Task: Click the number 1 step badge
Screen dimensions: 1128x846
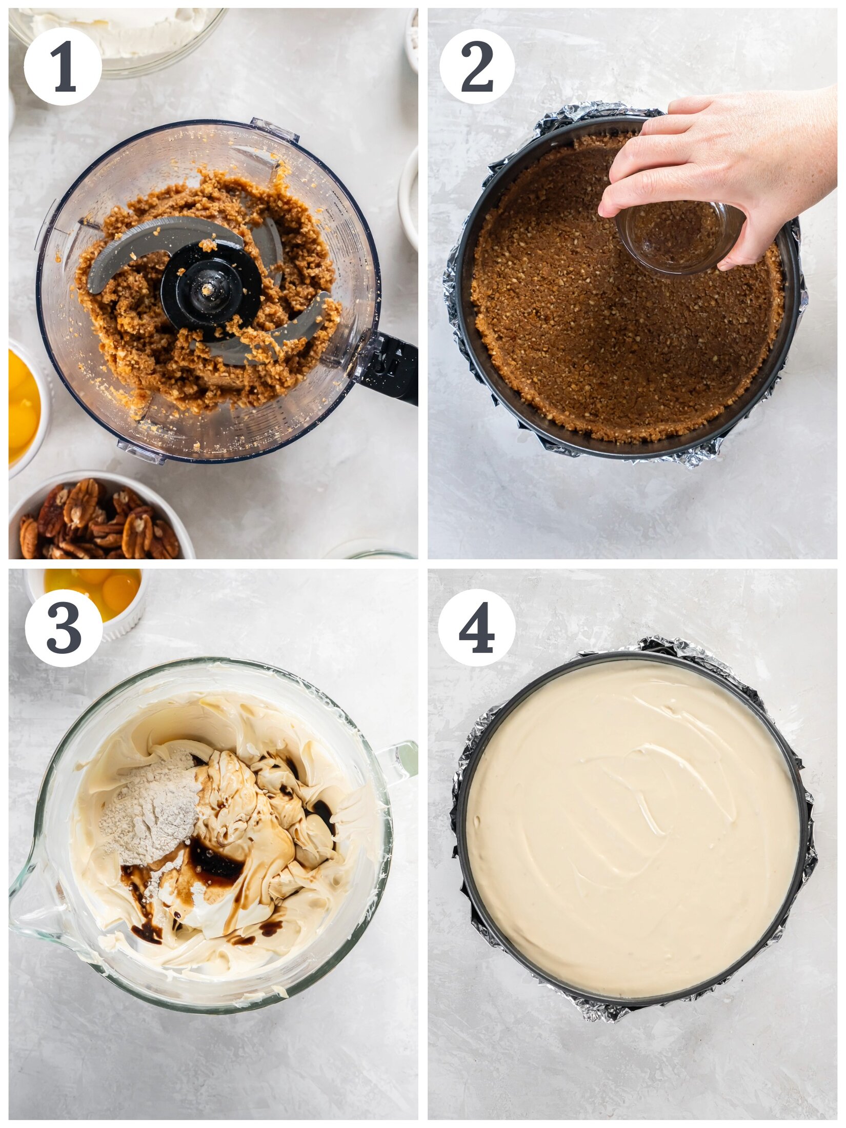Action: click(63, 67)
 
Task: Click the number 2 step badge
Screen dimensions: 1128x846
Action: click(477, 67)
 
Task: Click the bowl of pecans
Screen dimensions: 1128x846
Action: click(100, 520)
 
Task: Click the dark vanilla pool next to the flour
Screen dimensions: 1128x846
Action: click(215, 861)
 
